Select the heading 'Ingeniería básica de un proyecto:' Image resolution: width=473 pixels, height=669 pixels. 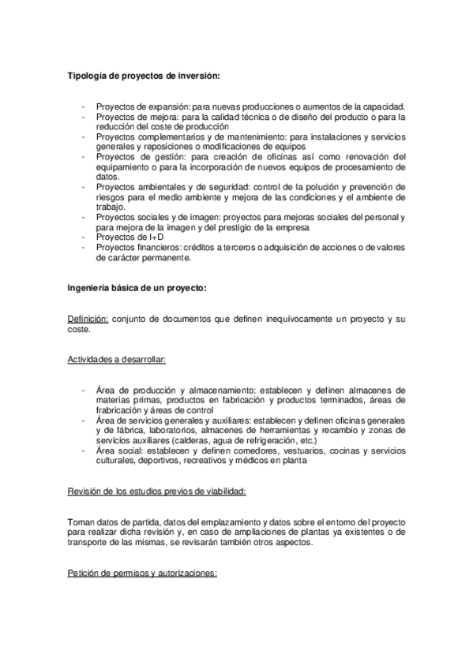pyautogui.click(x=137, y=288)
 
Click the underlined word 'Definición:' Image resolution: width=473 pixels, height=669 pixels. pyautogui.click(x=88, y=319)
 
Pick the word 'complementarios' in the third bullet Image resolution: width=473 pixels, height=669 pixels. pyautogui.click(x=160, y=136)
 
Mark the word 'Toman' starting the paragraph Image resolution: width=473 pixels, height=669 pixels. pyautogui.click(x=82, y=522)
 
